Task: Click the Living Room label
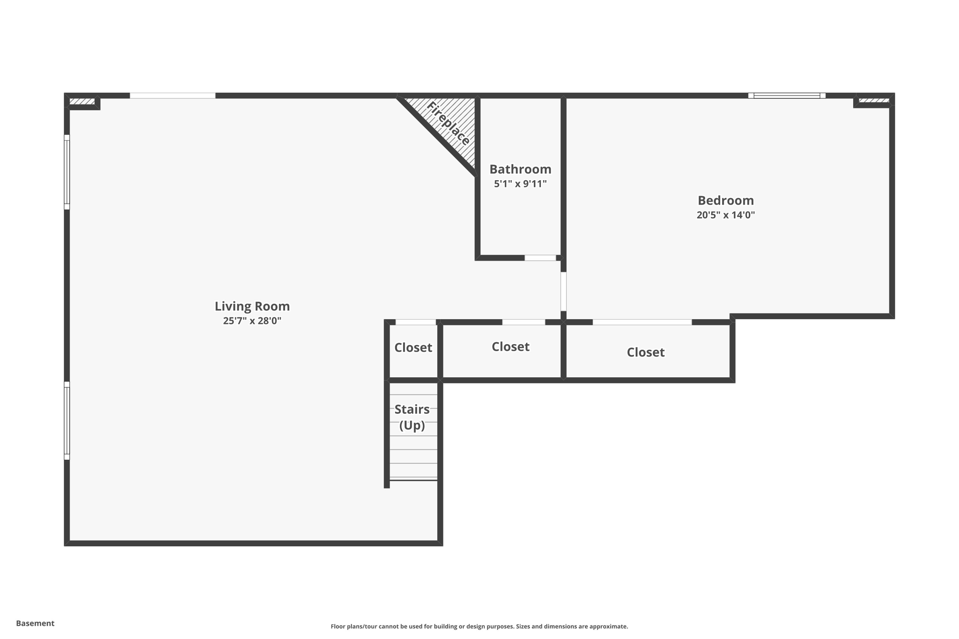[x=252, y=306]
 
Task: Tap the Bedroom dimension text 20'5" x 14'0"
[x=725, y=215]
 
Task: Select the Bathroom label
[x=520, y=169]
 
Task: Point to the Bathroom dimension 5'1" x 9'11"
[x=520, y=184]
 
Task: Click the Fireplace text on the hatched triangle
[x=448, y=124]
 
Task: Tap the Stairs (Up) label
[x=412, y=417]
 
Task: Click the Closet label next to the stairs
[x=413, y=347]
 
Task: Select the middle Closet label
[x=510, y=346]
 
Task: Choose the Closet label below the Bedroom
[x=645, y=352]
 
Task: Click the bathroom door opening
[x=540, y=258]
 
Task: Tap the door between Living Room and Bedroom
[x=563, y=291]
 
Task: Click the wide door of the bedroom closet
[x=642, y=322]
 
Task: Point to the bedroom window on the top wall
[x=787, y=95]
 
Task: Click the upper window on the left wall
[x=67, y=172]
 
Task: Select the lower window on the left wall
[x=67, y=420]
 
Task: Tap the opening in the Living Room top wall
[x=172, y=95]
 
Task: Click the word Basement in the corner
[x=35, y=623]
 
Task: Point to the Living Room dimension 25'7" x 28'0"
[x=252, y=321]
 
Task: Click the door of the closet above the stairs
[x=415, y=322]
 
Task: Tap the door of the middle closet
[x=524, y=322]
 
